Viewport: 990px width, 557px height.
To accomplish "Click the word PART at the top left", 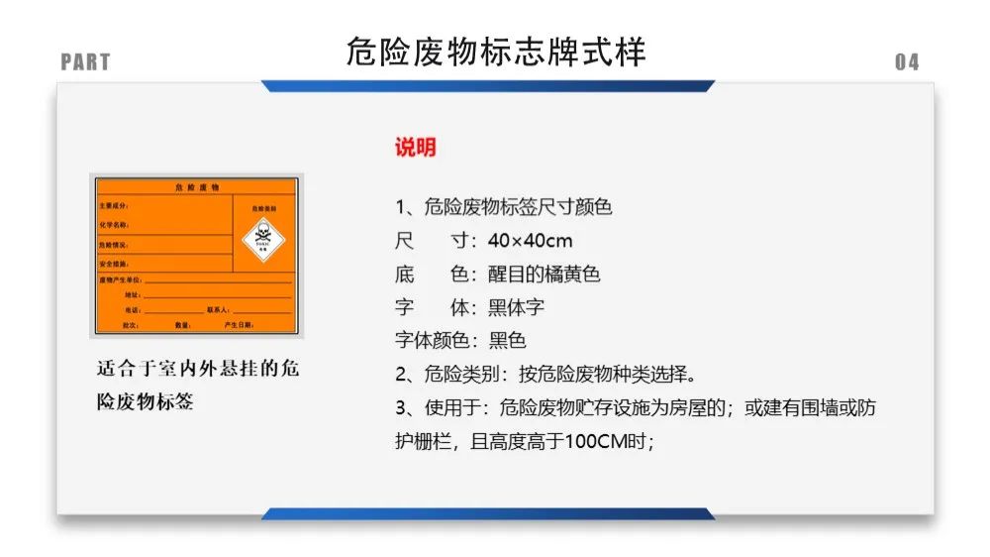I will coord(85,62).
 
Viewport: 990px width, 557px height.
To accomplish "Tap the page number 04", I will coord(907,62).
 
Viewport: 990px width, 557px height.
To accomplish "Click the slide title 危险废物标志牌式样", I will coord(496,52).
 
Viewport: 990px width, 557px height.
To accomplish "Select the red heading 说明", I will coord(416,148).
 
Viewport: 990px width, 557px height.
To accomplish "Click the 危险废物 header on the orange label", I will coord(196,186).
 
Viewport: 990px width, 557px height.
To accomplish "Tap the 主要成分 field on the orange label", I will coord(114,205).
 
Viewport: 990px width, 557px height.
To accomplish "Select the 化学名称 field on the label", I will coord(114,225).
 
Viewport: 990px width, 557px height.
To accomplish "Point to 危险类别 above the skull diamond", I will coord(263,208).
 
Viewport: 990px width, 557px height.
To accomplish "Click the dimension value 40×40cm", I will coord(530,241).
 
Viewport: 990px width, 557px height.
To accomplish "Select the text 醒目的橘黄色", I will coord(544,274).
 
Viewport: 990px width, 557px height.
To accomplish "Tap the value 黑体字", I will coord(516,307).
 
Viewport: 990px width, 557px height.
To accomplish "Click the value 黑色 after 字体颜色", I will coord(507,341).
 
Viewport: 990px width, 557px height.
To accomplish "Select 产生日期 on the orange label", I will coord(239,325).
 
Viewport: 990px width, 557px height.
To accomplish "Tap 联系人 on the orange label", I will coord(218,310).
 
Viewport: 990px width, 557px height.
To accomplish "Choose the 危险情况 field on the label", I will coord(114,244).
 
